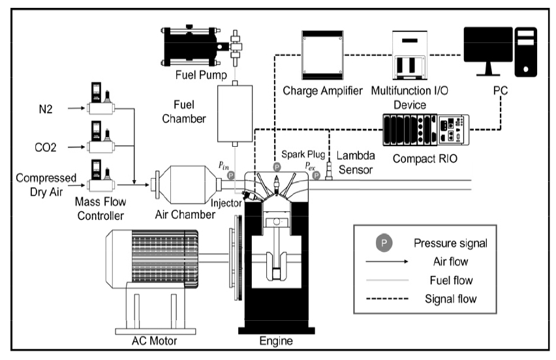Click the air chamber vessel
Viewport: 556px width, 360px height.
click(x=187, y=182)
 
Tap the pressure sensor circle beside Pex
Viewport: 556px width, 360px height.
click(x=316, y=175)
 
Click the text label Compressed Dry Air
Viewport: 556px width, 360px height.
click(x=42, y=185)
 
